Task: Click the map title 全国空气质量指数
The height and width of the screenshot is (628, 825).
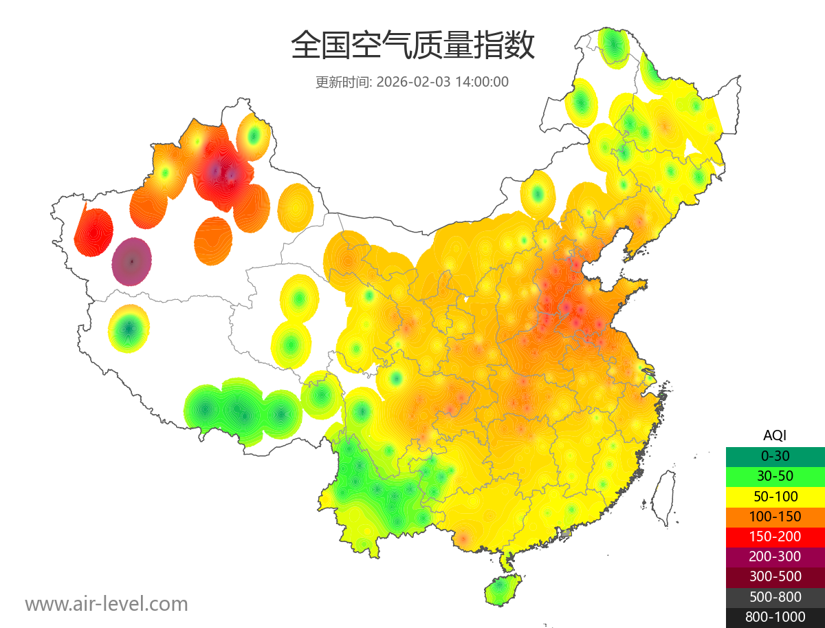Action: [412, 46]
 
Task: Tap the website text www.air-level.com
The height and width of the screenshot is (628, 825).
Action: [107, 604]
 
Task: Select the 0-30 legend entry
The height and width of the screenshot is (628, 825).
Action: [775, 456]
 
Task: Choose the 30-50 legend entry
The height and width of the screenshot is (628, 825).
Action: [775, 476]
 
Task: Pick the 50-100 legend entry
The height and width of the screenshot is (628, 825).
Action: [775, 496]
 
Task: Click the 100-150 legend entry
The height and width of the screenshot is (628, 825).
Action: [775, 517]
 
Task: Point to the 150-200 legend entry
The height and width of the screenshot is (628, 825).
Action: [775, 537]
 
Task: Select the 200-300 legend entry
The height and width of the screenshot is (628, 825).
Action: [775, 556]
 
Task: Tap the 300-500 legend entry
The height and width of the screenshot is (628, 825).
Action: [775, 576]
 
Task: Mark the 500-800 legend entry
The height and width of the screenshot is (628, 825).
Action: [775, 597]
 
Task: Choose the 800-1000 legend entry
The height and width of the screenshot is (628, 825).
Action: [775, 617]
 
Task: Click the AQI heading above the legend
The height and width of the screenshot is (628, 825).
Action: [775, 435]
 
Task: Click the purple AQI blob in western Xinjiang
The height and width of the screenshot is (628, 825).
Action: [132, 261]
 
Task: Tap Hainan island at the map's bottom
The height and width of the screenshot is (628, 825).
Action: [503, 590]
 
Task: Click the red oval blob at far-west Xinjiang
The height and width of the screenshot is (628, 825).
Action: [93, 232]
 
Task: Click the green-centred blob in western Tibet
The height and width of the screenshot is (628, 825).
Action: [129, 329]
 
